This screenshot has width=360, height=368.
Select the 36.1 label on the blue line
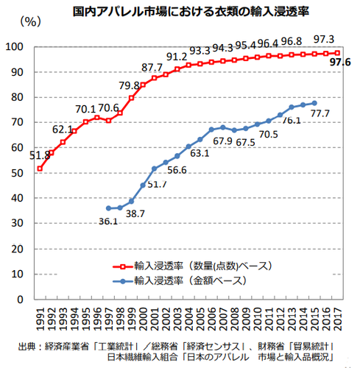coord(109,220)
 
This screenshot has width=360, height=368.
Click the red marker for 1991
coord(39,169)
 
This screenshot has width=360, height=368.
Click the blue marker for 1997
coord(109,208)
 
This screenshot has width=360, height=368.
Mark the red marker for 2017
coord(337,53)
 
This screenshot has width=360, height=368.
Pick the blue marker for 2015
coord(314,103)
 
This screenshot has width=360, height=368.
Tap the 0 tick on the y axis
coord(23,299)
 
